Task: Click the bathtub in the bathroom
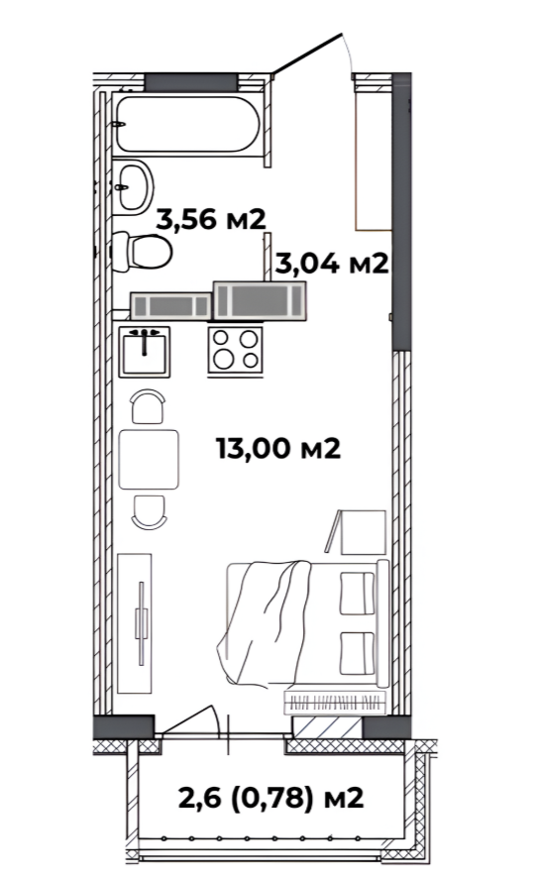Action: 187,124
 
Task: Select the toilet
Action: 142,252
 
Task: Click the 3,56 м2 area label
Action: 210,219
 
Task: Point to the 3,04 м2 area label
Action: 332,263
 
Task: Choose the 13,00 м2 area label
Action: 278,448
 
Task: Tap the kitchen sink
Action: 145,352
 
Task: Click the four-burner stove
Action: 235,350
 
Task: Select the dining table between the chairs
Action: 149,459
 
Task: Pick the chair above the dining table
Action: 148,406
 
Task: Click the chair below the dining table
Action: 149,511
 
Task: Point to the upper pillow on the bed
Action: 358,594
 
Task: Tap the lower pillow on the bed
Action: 358,653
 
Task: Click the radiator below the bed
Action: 335,702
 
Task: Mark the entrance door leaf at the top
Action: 307,54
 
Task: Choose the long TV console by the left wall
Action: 135,623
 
